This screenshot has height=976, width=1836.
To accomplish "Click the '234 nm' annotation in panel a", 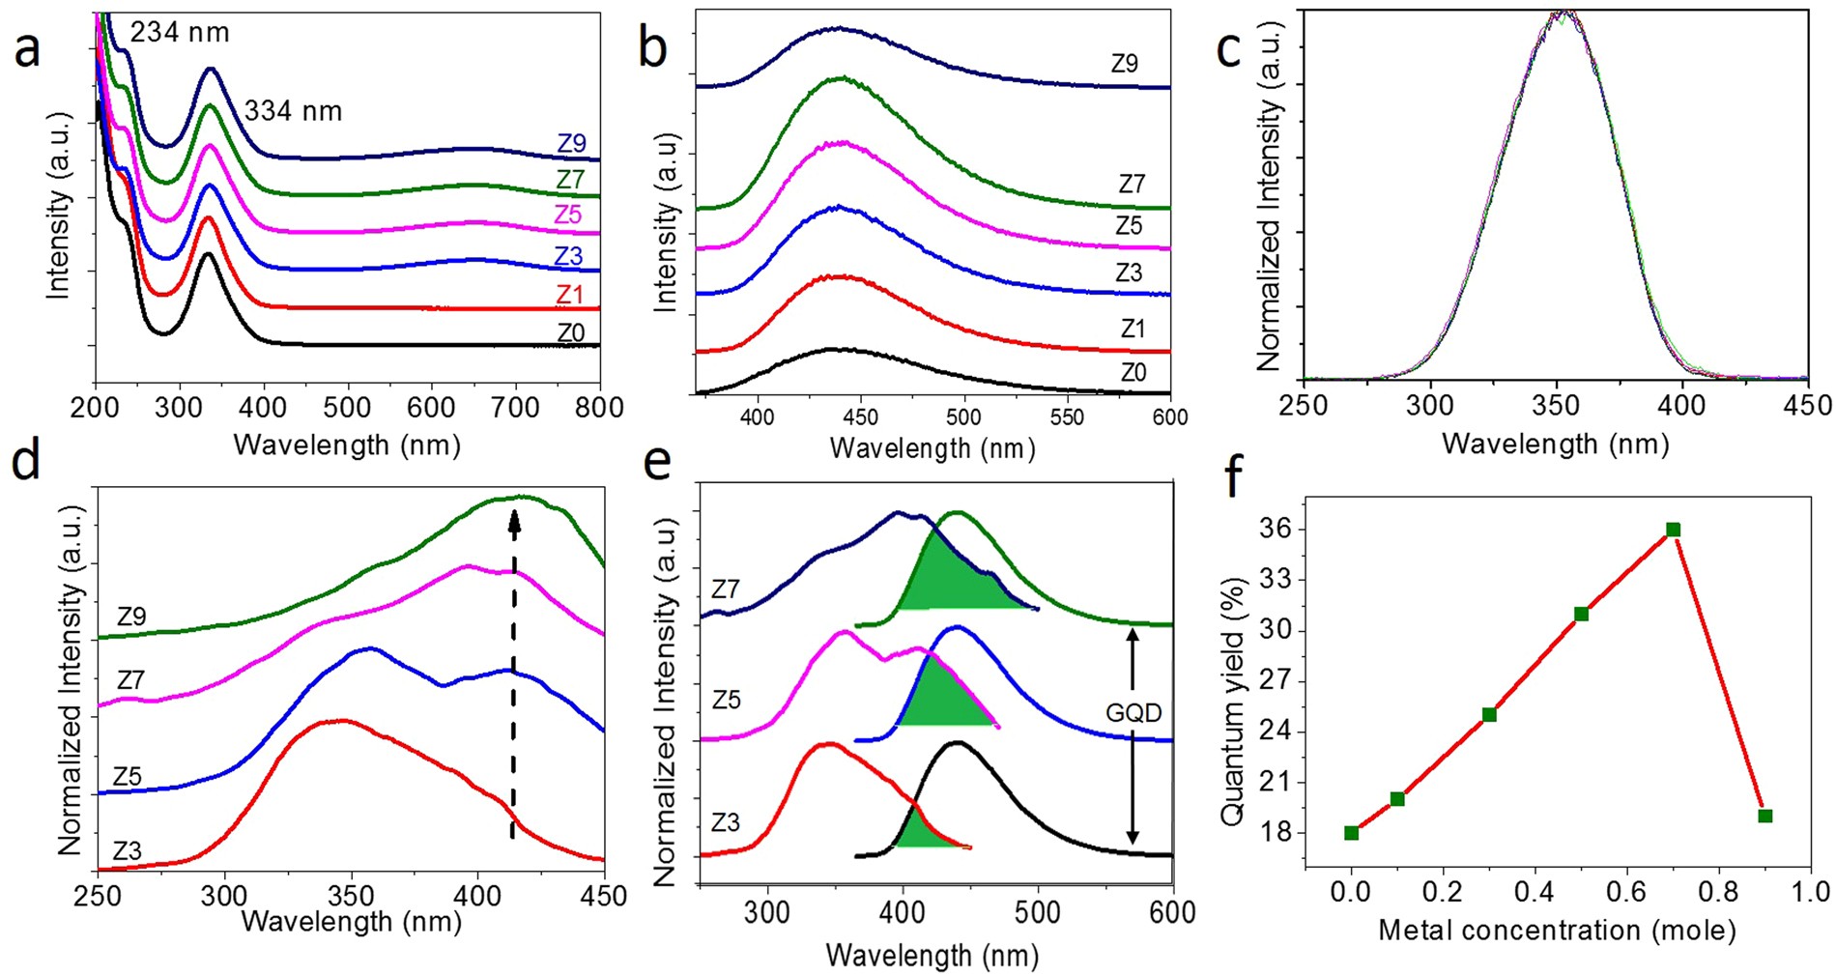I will click(x=180, y=32).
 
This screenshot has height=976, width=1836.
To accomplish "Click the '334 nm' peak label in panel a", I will click(x=293, y=111).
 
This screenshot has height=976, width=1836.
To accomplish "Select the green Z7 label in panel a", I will click(x=570, y=179).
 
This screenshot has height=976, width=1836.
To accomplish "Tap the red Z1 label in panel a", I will click(x=569, y=294).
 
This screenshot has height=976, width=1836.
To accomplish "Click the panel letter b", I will click(x=653, y=47).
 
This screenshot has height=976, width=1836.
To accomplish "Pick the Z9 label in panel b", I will click(x=1124, y=64).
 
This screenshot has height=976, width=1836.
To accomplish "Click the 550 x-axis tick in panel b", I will click(x=1067, y=417).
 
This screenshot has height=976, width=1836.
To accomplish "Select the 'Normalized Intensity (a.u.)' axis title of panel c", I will click(x=1269, y=195).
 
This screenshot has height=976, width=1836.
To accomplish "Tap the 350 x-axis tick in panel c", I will click(x=1556, y=405).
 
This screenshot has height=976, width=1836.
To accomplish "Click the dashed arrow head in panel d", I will click(x=514, y=522).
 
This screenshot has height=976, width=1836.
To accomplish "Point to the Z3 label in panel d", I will click(x=127, y=850).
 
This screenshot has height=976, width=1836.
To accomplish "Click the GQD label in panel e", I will click(x=1133, y=713).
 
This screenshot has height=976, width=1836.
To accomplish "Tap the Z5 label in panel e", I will click(x=726, y=700).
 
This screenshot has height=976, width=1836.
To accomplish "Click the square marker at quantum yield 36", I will click(x=1673, y=530).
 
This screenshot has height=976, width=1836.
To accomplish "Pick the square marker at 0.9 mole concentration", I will click(x=1764, y=816).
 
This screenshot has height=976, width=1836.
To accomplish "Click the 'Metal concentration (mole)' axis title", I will click(x=1556, y=931).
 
